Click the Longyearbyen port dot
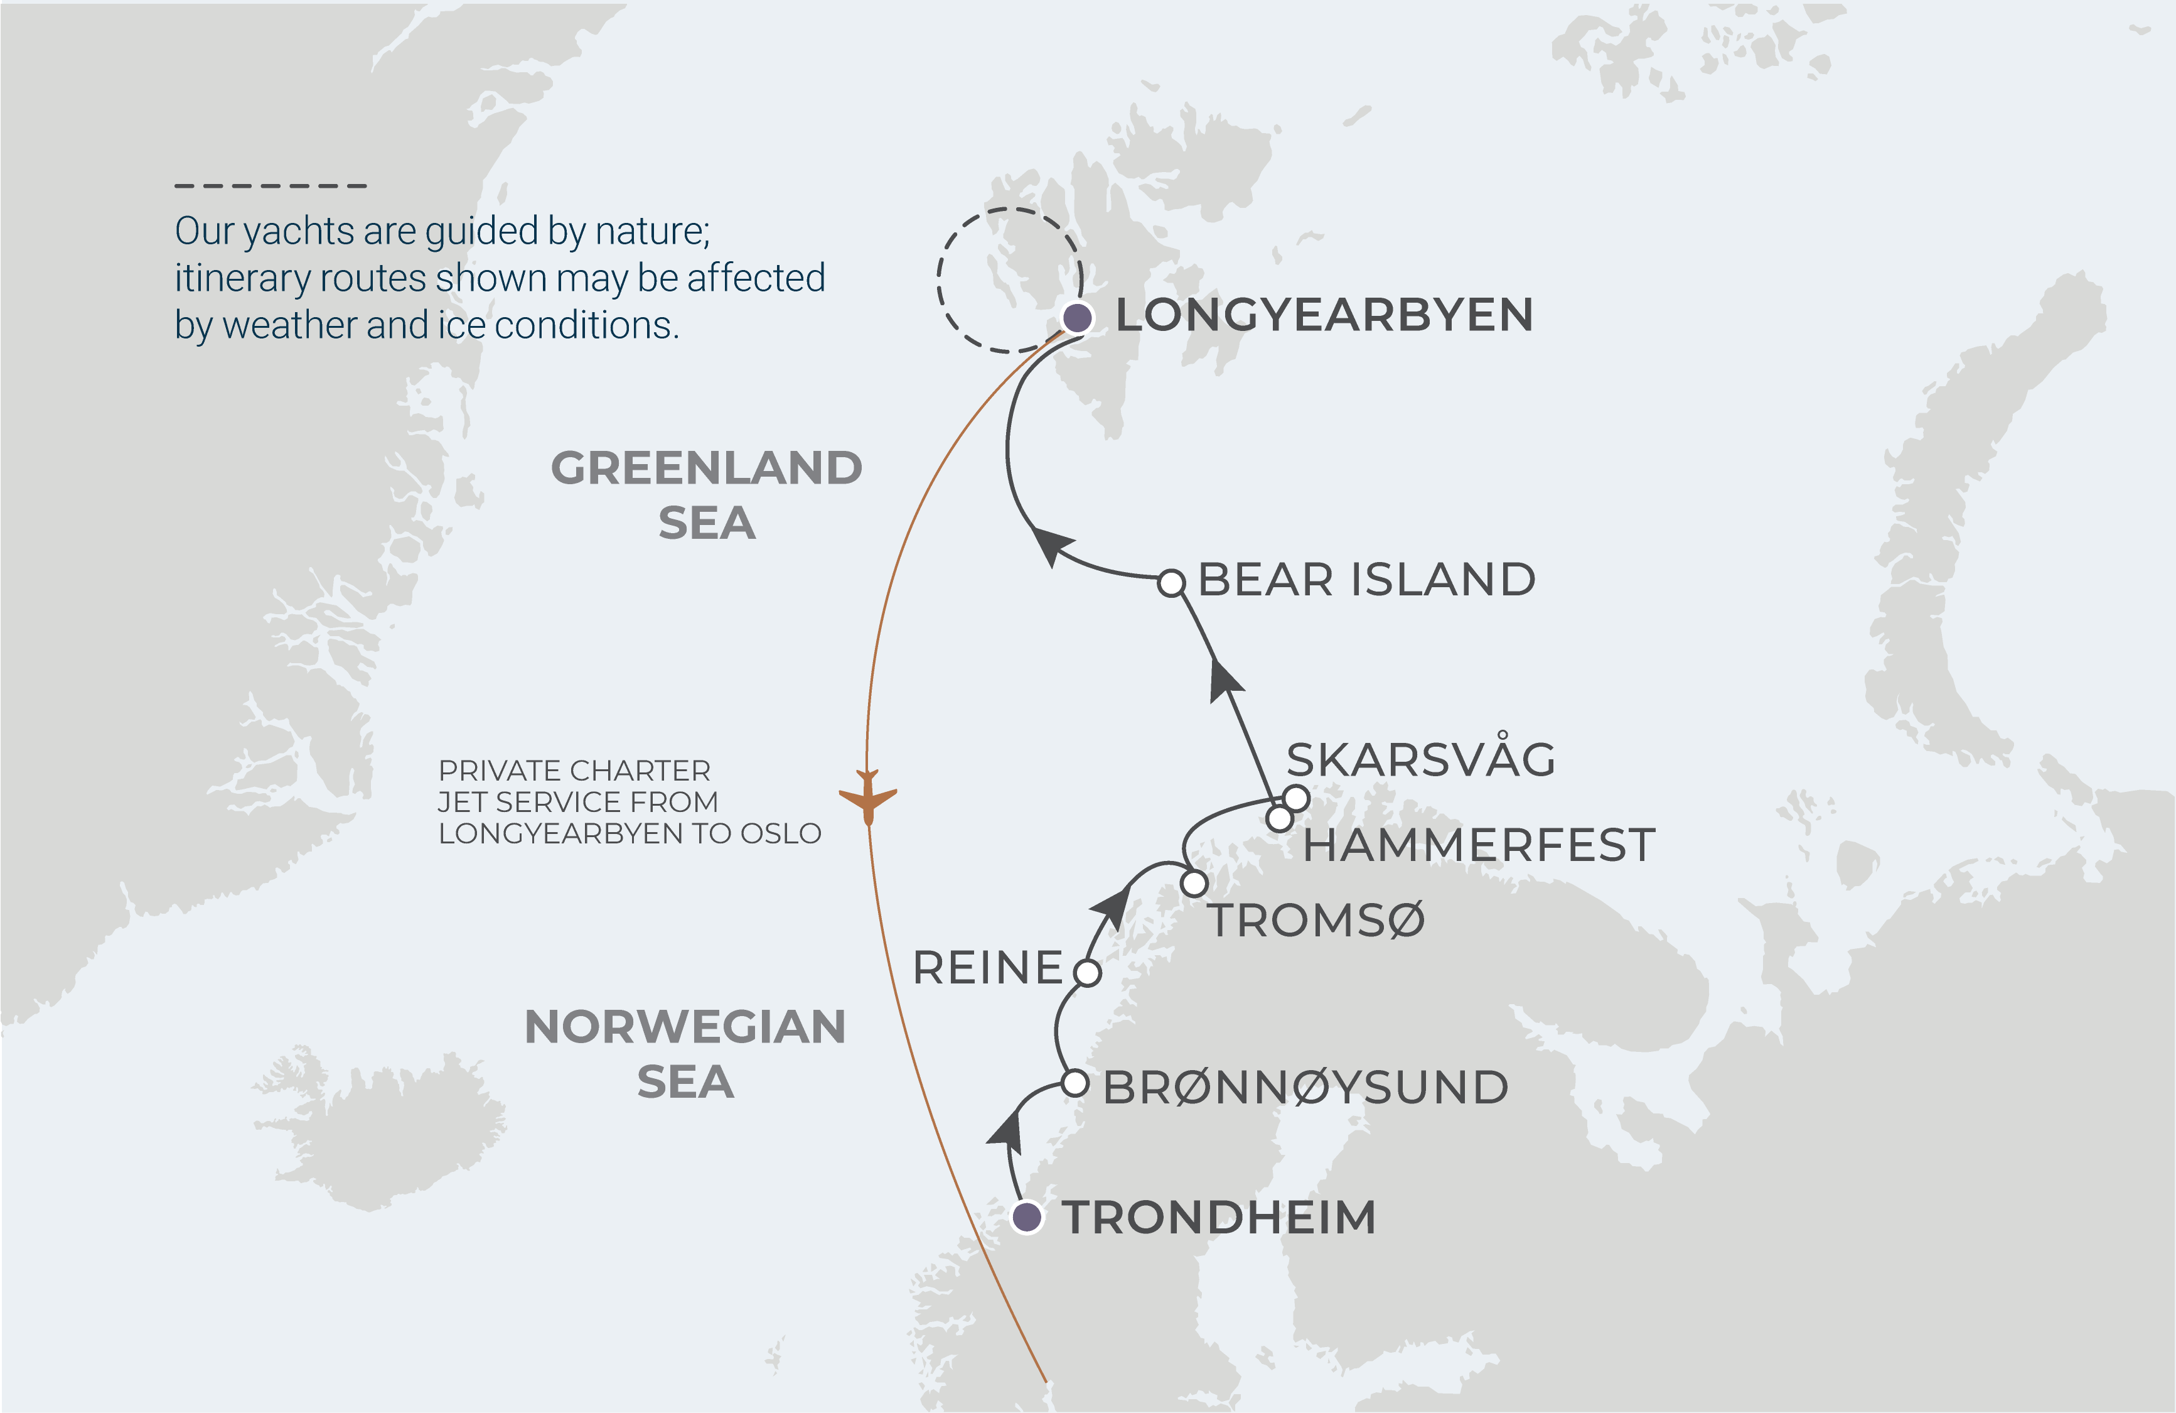coord(1078,317)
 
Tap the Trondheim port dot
coord(1027,1217)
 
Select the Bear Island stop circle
coord(1171,583)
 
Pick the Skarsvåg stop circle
coord(1295,798)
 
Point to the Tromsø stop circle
coord(1194,884)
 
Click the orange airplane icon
coord(867,796)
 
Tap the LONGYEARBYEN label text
coord(1324,315)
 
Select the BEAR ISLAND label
coord(1366,580)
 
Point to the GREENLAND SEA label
coord(706,495)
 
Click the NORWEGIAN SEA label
coord(685,1054)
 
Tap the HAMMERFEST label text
coord(1479,845)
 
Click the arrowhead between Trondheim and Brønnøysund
coord(1007,1130)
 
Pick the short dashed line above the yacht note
coord(271,186)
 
